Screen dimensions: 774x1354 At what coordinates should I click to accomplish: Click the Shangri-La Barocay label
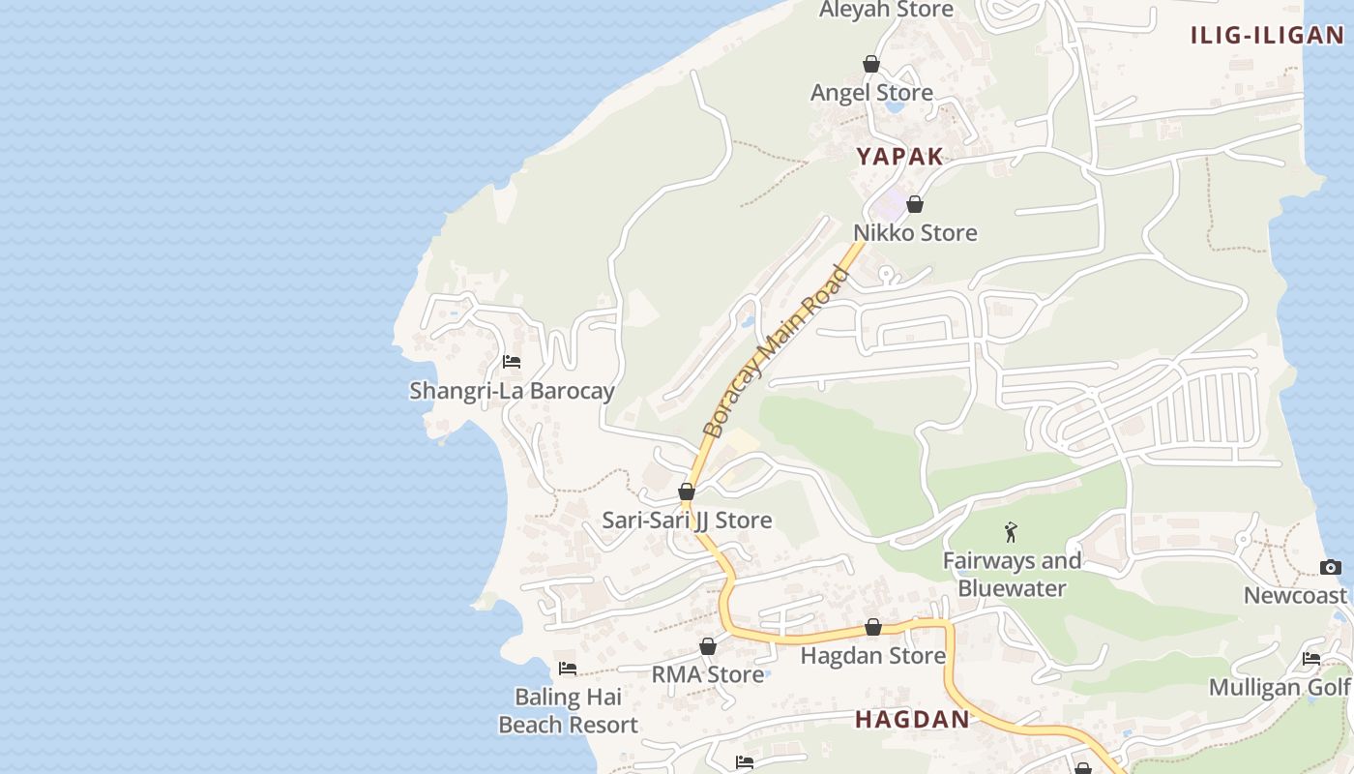pos(512,391)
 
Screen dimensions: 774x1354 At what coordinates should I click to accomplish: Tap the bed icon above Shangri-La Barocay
pos(512,362)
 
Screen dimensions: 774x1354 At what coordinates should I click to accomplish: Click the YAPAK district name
pos(899,157)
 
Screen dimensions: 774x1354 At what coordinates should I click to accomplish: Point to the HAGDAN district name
pos(912,719)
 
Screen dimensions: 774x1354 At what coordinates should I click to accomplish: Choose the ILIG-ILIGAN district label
pos(1266,36)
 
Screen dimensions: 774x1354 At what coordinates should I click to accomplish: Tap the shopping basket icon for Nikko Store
pos(915,204)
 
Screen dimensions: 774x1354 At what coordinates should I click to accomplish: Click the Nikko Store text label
pos(915,232)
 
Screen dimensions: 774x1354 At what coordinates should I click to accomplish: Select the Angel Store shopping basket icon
pos(871,64)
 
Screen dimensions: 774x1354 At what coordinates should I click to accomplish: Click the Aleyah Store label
pos(886,10)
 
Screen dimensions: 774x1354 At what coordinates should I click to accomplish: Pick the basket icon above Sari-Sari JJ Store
pos(687,491)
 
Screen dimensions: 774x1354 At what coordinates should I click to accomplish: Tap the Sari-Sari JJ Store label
pos(687,520)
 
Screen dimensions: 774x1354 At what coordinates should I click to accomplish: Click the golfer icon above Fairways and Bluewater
pos(1012,531)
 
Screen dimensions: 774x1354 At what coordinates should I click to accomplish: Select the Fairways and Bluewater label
pos(1012,574)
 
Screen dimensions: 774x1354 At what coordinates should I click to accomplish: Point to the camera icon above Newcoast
pos(1331,567)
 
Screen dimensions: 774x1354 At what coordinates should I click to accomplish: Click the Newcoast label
pos(1295,595)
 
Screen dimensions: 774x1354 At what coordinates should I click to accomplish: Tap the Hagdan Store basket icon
pos(873,627)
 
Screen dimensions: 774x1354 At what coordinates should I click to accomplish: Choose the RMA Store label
pos(708,674)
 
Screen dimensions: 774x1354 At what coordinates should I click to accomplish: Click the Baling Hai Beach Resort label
pos(568,710)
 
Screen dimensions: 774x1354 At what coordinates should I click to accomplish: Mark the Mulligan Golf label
pos(1280,687)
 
